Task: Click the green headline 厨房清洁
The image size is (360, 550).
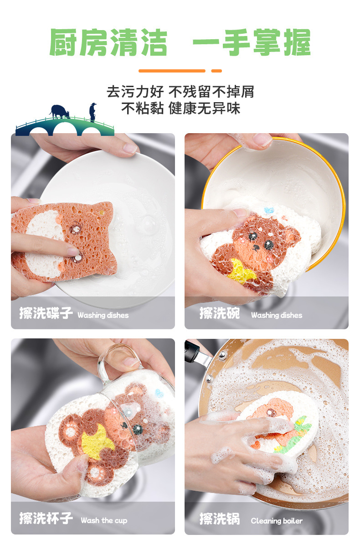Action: (x=108, y=43)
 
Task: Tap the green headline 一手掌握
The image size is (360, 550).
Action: (x=251, y=43)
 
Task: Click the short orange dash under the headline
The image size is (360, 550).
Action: (x=216, y=71)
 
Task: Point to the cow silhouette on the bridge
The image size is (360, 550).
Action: (x=59, y=111)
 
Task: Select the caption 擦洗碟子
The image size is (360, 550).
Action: (x=46, y=313)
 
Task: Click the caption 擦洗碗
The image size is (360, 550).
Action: (x=219, y=313)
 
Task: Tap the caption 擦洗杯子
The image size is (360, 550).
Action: (x=46, y=519)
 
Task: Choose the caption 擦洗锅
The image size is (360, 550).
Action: (x=219, y=519)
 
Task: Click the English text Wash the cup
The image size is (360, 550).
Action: (x=104, y=520)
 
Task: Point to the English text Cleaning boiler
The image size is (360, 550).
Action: (x=277, y=520)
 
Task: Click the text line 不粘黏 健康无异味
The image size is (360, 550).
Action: (x=180, y=109)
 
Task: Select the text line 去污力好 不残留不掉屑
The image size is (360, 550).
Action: (x=180, y=92)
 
